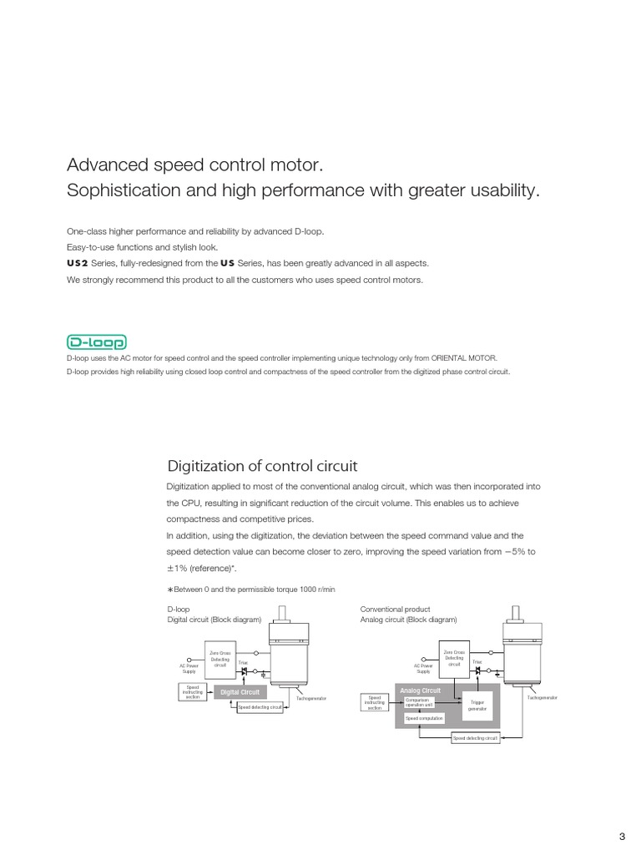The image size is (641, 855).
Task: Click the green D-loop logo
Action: [x=96, y=343]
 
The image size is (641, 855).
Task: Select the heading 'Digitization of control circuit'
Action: [x=262, y=465]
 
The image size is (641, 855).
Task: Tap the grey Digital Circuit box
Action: [x=240, y=692]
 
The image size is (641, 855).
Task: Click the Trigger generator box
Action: [x=477, y=706]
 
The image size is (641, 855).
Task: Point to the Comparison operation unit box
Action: [x=424, y=702]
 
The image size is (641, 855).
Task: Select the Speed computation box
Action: [x=424, y=718]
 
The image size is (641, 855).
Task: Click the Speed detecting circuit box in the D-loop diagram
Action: [x=260, y=707]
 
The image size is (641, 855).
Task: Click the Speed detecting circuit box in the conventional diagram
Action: [x=475, y=738]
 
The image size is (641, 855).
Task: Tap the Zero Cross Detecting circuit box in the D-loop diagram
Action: [x=219, y=660]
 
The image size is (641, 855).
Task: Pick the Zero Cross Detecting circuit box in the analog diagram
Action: [x=453, y=658]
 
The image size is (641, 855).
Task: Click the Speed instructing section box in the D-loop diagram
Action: [x=192, y=691]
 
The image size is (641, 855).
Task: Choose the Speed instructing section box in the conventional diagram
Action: [x=376, y=703]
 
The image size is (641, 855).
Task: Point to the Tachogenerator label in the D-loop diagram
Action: [x=311, y=697]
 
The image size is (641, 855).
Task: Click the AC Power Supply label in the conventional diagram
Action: [x=423, y=669]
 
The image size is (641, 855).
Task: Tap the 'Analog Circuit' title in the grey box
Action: [x=420, y=691]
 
